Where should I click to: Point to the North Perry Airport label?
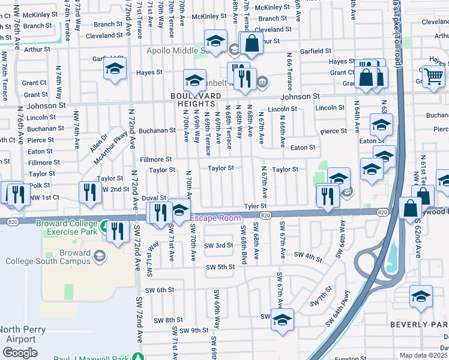[x=20, y=334]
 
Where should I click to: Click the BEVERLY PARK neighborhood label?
[x=418, y=325]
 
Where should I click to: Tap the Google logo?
[x=19, y=353]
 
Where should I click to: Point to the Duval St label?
[x=154, y=197]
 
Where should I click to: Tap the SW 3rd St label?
[x=218, y=245]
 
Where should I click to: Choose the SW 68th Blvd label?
[x=244, y=242]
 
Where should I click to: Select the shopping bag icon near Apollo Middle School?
[x=251, y=42]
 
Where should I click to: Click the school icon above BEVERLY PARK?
[x=421, y=296]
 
